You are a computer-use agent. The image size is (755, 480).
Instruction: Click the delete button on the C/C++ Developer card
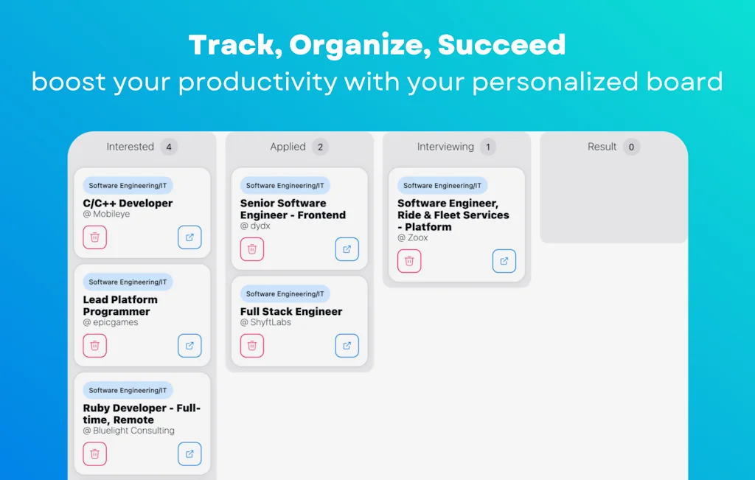click(95, 237)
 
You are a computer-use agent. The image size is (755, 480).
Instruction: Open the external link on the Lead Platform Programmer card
click(189, 346)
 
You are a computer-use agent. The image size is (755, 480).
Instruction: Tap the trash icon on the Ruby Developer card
click(95, 454)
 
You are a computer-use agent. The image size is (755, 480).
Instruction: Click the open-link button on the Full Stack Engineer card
click(347, 346)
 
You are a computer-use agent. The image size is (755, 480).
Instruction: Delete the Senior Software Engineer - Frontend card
click(252, 249)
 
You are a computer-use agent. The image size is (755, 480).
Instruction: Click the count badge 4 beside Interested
click(169, 147)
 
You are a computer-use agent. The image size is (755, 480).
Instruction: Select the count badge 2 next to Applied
click(320, 147)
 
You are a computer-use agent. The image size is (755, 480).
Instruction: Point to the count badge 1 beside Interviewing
click(487, 147)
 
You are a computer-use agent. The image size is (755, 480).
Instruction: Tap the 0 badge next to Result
click(630, 147)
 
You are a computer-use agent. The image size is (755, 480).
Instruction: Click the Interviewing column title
click(445, 147)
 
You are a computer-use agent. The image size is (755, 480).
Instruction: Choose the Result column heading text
click(602, 147)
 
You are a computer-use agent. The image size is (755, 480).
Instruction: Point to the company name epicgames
click(115, 322)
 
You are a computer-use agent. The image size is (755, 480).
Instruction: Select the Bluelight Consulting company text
click(133, 431)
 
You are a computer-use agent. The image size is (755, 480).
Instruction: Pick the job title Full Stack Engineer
click(291, 312)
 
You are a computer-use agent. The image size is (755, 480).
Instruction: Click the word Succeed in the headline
click(501, 46)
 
